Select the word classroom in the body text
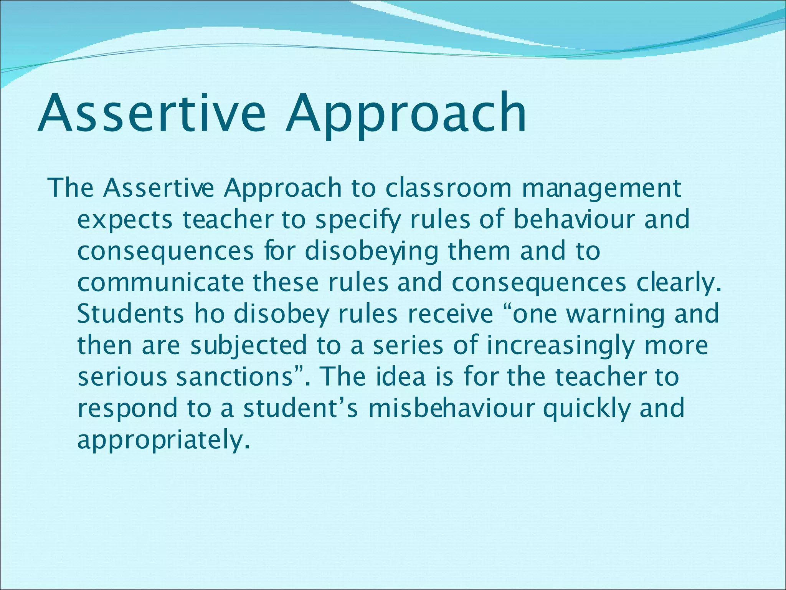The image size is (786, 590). (448, 188)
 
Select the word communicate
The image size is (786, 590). (160, 282)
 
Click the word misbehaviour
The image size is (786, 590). (451, 408)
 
